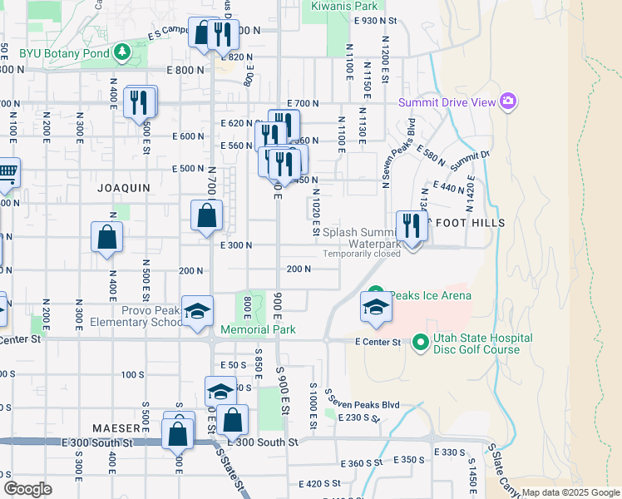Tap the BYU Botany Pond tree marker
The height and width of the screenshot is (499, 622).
coord(123,52)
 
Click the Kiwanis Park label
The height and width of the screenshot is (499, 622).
coord(339,6)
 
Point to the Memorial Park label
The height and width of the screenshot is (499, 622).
coord(259,330)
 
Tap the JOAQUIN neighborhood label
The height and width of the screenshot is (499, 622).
coord(124,188)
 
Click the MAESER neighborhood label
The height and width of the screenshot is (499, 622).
coord(116,427)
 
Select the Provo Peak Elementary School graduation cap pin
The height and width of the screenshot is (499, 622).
coord(198,311)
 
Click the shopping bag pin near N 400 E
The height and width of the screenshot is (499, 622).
coord(107,236)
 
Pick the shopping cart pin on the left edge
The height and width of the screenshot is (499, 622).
coord(7,173)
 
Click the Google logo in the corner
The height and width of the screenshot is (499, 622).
coord(27,489)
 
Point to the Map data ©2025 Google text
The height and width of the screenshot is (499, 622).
coord(571,492)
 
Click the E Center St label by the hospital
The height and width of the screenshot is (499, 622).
coord(378,342)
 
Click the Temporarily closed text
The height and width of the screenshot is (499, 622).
coord(362,254)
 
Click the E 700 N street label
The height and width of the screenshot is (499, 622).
coord(303,103)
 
